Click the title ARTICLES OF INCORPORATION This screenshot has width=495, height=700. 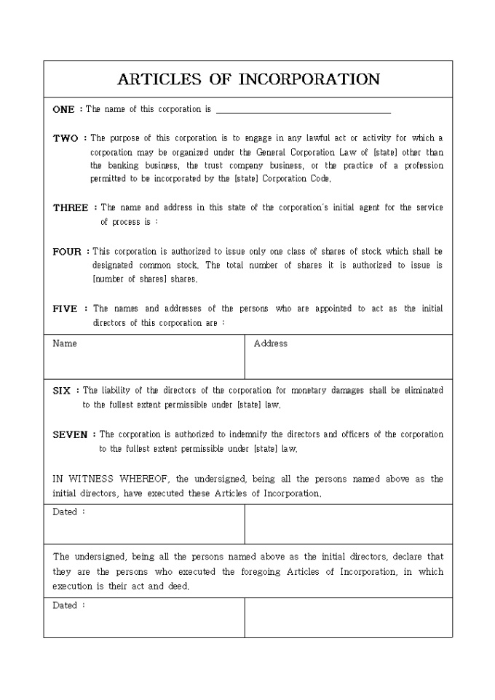[248, 79]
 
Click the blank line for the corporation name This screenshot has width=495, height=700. [304, 111]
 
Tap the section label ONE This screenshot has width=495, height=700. [63, 110]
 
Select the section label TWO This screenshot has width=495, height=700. [65, 138]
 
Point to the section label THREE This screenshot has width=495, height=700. [71, 208]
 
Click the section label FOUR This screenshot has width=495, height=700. [67, 252]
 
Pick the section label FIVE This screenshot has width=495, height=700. [65, 309]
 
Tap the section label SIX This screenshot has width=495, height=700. [62, 391]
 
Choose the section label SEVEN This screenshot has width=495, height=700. [70, 435]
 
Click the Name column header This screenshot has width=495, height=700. [65, 343]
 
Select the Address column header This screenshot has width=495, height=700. [271, 343]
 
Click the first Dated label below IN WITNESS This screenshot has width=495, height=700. [65, 512]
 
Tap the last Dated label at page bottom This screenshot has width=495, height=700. [65, 605]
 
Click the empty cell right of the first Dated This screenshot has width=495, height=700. [348, 524]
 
